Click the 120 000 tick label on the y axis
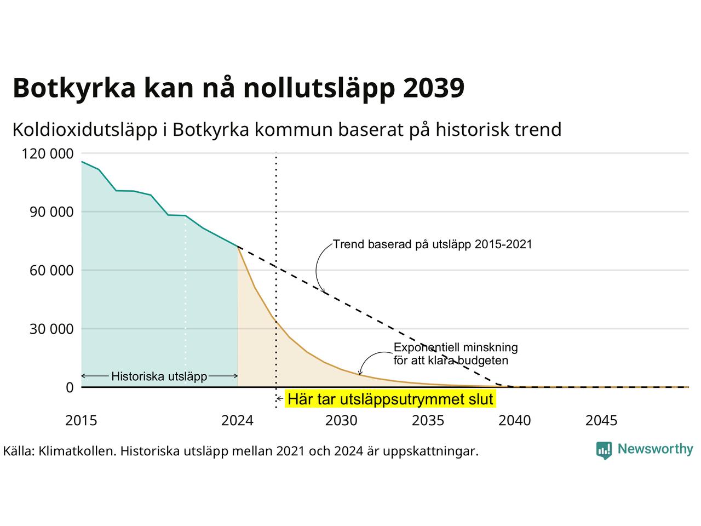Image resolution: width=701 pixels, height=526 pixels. [x=47, y=153]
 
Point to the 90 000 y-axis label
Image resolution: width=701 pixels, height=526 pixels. [x=51, y=212]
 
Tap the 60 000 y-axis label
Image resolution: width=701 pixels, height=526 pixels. [x=51, y=271]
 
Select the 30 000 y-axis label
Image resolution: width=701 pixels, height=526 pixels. [x=51, y=329]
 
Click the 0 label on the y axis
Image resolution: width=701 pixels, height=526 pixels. [x=70, y=387]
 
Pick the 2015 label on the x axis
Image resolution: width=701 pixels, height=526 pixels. [x=81, y=421]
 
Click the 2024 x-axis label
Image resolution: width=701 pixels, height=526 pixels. [x=237, y=421]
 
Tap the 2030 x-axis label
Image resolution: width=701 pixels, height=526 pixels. [x=341, y=421]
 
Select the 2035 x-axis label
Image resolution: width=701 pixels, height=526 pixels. [x=428, y=421]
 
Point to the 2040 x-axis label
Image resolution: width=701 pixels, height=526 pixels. [x=515, y=421]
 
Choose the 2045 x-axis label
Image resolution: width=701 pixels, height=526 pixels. [x=601, y=421]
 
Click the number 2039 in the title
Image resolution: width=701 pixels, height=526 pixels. [x=433, y=88]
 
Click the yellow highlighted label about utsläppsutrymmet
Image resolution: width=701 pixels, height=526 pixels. [x=390, y=399]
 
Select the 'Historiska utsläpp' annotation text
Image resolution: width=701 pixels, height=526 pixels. [x=159, y=376]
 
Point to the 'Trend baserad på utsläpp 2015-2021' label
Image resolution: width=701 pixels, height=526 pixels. [x=433, y=244]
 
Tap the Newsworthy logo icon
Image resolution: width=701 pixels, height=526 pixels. [x=604, y=450]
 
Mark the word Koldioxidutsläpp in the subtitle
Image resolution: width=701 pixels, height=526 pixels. [x=85, y=130]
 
